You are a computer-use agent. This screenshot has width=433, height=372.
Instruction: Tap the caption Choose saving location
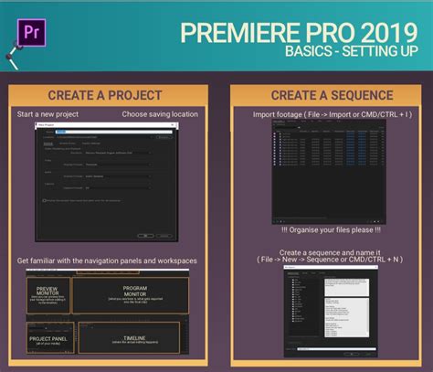point(161,115)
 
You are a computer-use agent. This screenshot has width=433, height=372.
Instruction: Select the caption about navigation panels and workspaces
point(106,261)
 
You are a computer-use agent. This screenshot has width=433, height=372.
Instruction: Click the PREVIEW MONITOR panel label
point(48,292)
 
